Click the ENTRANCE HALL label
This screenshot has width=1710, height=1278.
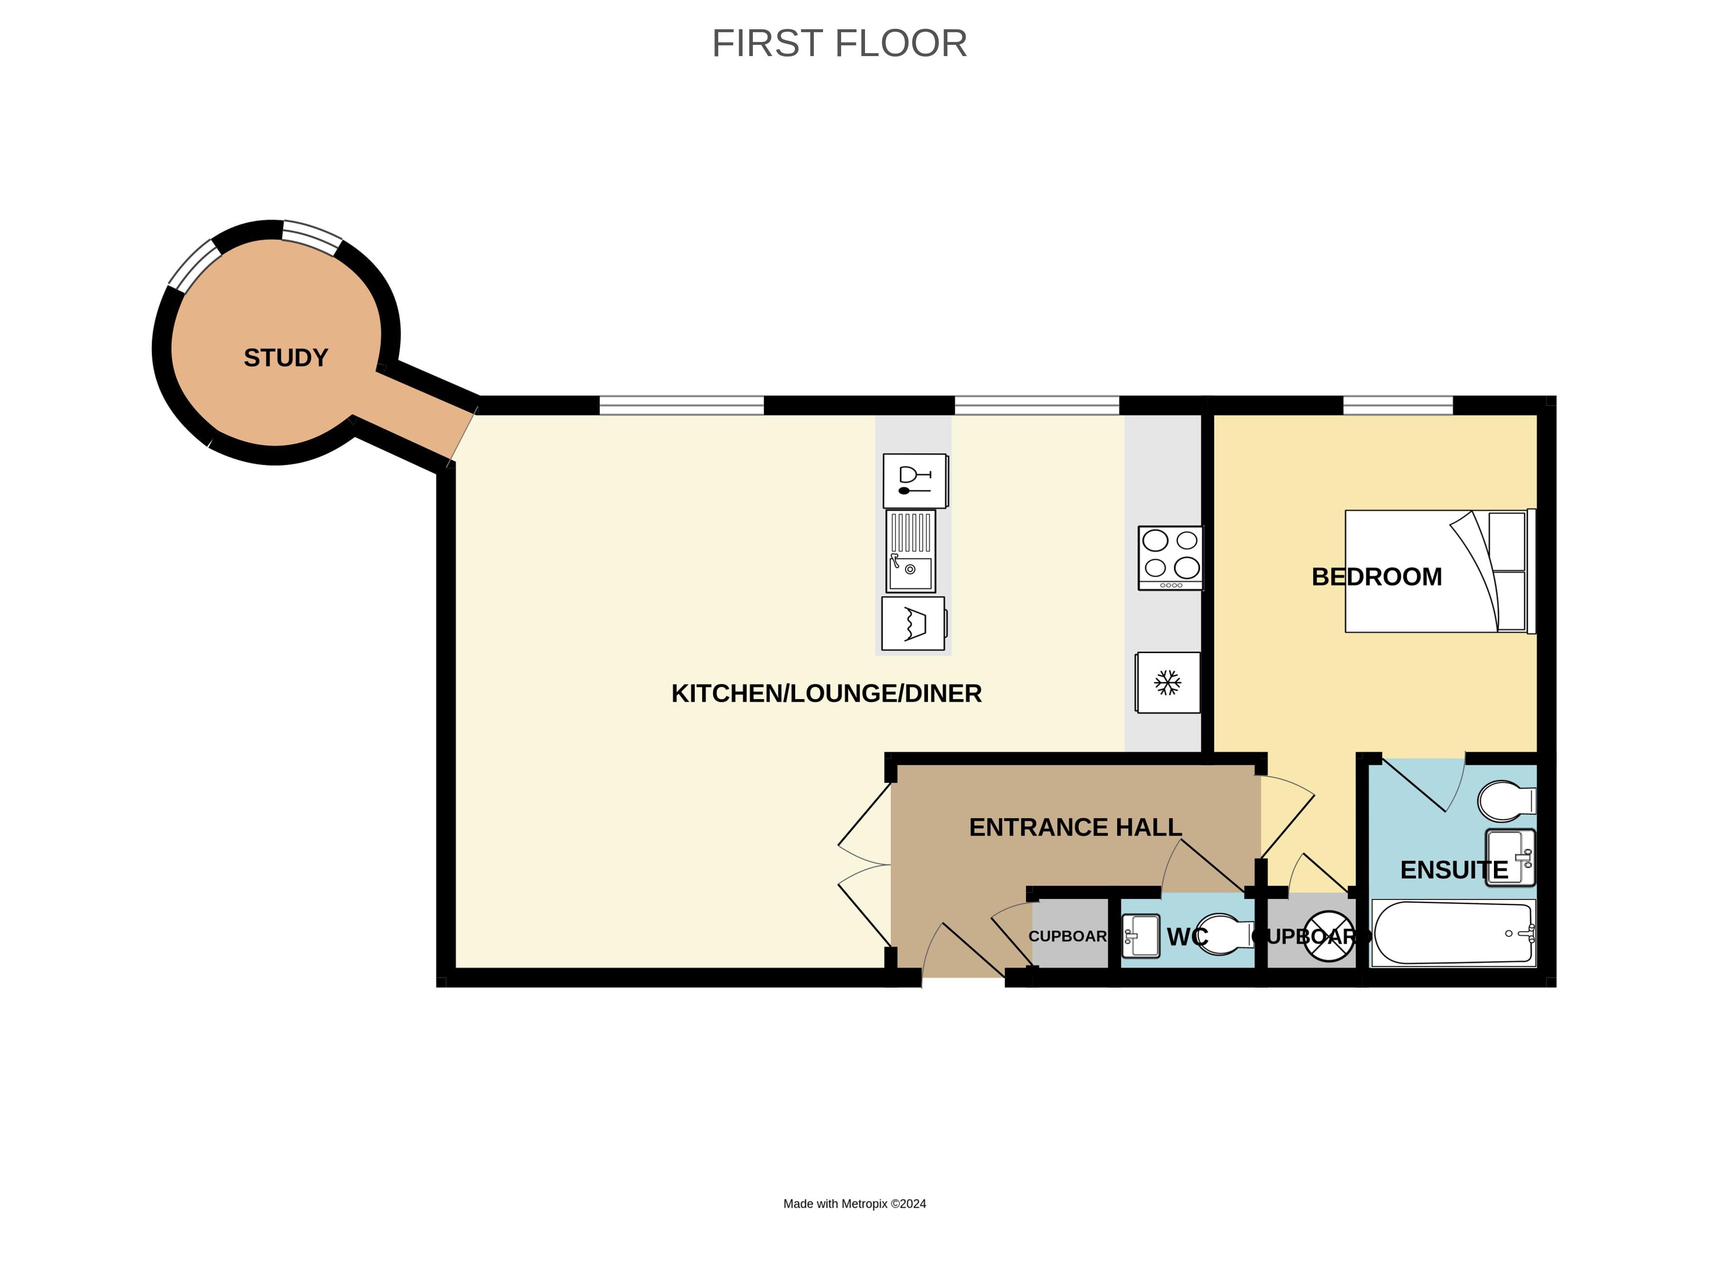coord(1075,827)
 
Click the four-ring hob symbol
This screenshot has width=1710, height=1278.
coord(1170,558)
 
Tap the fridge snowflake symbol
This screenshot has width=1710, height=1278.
coord(1167,683)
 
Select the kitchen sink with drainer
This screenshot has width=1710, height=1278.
coord(911,551)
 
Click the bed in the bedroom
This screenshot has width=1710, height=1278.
coord(1439,571)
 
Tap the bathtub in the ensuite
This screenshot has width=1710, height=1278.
coord(1452,933)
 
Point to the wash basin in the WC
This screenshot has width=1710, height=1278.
coord(1141,936)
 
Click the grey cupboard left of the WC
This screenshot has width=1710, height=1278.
coord(1070,936)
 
